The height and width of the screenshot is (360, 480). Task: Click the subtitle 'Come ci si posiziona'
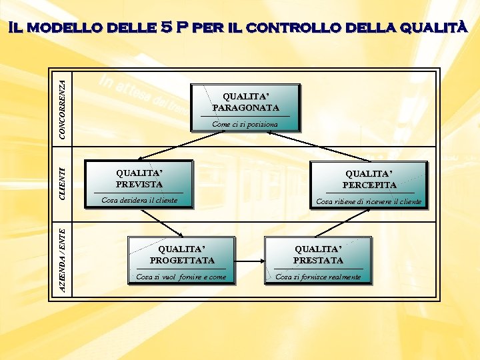(x=245, y=125)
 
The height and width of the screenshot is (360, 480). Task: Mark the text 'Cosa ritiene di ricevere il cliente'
(x=369, y=201)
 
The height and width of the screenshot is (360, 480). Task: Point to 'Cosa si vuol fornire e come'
(x=181, y=277)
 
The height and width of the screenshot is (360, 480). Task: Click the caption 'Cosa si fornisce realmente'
(x=318, y=277)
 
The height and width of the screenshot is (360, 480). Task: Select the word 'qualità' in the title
(x=433, y=28)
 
